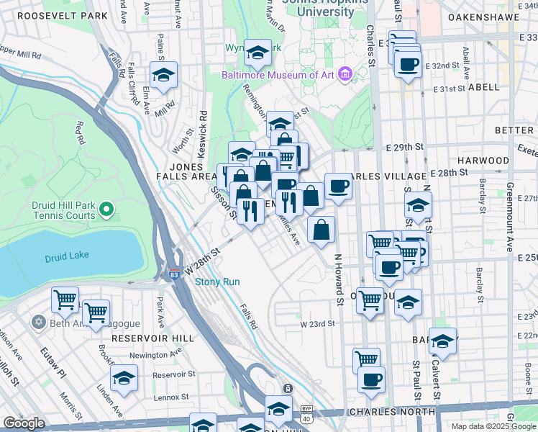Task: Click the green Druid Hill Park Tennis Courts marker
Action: [x=106, y=210]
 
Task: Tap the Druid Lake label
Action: [x=65, y=258]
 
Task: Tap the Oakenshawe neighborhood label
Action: [x=483, y=15]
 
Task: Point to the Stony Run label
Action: [x=217, y=282]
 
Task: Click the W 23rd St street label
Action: [x=318, y=324]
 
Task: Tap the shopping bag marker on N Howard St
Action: [x=322, y=230]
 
